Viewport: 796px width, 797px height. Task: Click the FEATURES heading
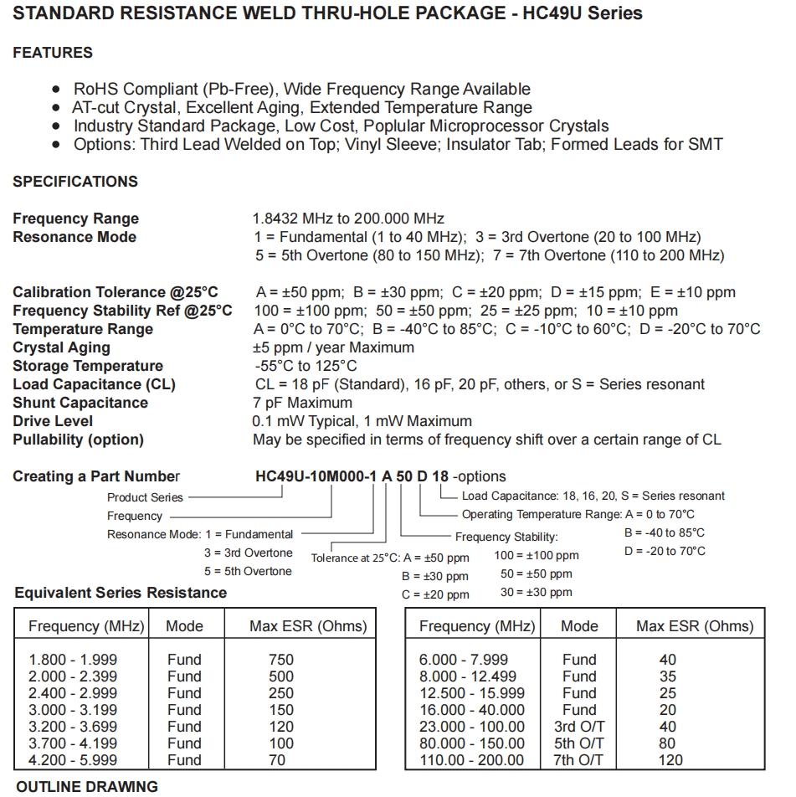point(53,53)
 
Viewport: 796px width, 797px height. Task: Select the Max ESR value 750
point(281,660)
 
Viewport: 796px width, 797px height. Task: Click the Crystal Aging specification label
point(61,347)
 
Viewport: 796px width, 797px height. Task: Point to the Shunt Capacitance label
point(80,403)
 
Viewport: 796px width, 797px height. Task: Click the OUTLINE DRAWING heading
point(87,787)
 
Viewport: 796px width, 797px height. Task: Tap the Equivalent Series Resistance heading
point(121,593)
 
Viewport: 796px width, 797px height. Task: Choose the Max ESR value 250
point(281,693)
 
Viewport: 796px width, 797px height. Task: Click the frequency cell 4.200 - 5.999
point(73,760)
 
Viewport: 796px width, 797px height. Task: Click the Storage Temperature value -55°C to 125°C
point(306,366)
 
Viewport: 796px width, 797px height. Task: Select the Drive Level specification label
point(53,421)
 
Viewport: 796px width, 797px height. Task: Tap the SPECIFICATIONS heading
point(75,182)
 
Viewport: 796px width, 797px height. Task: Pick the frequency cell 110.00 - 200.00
point(472,760)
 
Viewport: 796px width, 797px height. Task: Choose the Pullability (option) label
point(78,440)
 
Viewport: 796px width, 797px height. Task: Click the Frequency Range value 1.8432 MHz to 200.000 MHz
point(348,219)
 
